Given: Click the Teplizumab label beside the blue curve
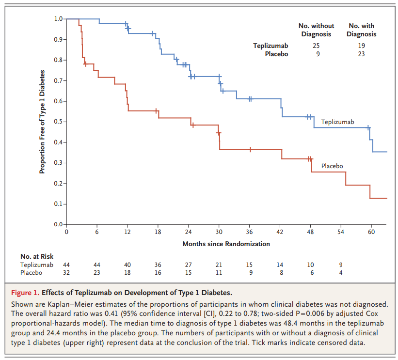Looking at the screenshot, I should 337,121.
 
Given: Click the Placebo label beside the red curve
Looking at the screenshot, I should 332,166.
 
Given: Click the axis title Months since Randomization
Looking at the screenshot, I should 226,244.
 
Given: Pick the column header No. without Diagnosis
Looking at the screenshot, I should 316,30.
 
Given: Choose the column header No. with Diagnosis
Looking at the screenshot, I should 361,30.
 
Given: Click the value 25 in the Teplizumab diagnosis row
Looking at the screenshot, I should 316,46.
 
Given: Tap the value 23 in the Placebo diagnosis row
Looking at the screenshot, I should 361,54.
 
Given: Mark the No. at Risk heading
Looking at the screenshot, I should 37,256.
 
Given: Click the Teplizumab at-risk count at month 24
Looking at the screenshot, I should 189,265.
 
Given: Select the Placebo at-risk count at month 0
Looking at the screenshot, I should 66,273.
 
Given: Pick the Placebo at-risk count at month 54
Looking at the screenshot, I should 341,273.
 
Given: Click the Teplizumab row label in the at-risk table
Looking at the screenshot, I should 37,265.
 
